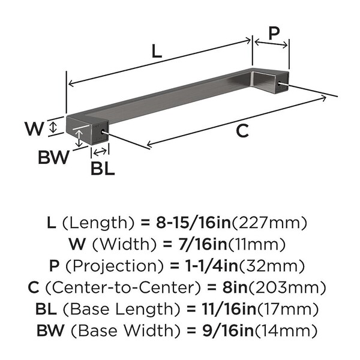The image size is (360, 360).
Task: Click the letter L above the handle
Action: pos(157,51)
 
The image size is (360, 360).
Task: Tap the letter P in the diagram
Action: pos(274,33)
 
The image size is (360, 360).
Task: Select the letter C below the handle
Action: pos(242,131)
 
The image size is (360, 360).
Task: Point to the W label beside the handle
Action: pos(34,128)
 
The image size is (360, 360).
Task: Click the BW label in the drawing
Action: pos(53,157)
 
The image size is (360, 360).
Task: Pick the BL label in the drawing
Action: pos(103,169)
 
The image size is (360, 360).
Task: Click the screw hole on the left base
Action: pos(103,132)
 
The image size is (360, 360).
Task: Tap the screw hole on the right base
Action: pos(279,83)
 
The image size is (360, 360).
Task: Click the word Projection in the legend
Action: pos(115,266)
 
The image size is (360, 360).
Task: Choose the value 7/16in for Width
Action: pos(203,244)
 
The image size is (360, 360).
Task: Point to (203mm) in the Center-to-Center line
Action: pos(287,287)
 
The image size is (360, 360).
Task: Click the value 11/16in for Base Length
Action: pos(229,309)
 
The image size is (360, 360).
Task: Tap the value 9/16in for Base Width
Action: pos(228,331)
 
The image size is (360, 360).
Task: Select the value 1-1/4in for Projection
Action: pos(211,266)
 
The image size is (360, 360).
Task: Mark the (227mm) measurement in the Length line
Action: pos(269,223)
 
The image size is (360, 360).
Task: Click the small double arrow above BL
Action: pos(100,152)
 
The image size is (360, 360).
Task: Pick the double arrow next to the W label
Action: pos(53,127)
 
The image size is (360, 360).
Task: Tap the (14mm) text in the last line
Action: pos(286,331)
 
